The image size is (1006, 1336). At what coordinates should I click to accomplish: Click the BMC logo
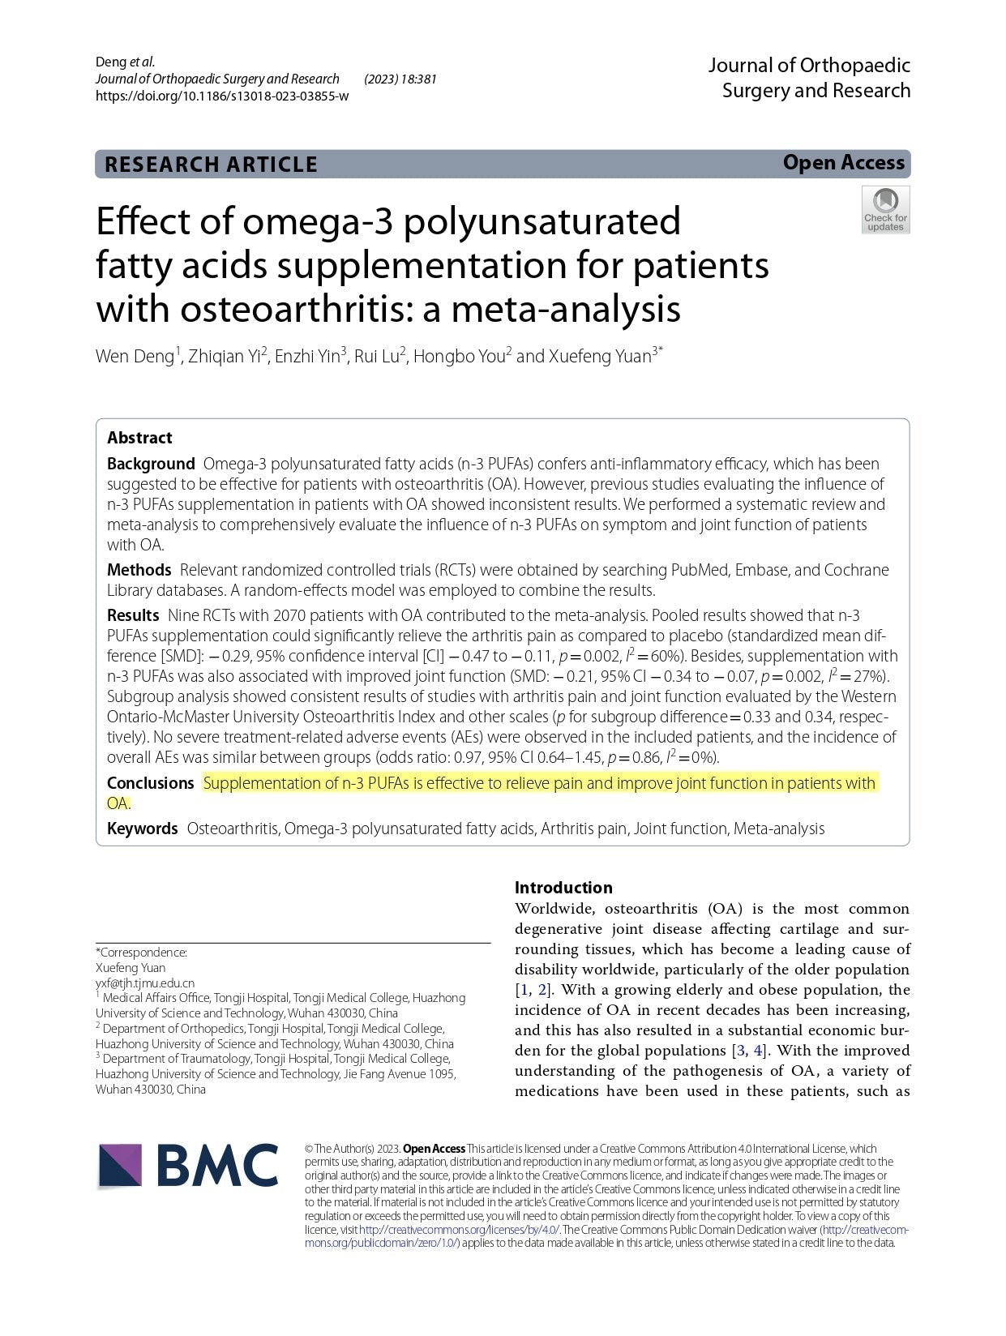(188, 1166)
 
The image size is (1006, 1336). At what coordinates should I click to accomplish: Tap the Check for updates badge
(885, 210)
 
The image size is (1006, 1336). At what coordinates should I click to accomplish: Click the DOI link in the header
(222, 96)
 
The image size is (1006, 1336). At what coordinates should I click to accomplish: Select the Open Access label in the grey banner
(843, 163)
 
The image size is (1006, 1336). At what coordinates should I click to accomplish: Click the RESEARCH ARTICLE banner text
(211, 165)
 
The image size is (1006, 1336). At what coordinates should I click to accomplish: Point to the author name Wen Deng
(135, 357)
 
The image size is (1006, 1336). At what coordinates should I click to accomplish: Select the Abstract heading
(139, 438)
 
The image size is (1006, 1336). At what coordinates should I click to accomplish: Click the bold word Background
(151, 464)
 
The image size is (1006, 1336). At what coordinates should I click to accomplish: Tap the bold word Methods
(139, 570)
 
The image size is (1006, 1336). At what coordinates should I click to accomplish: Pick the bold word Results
(133, 615)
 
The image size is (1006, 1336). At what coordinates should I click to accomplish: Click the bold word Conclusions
(150, 783)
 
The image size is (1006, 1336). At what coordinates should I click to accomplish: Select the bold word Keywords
(142, 829)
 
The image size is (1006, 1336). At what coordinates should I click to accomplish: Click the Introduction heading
(563, 888)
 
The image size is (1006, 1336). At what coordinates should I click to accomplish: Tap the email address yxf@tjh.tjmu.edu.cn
(145, 983)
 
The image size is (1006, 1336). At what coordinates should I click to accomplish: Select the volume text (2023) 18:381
(400, 79)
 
